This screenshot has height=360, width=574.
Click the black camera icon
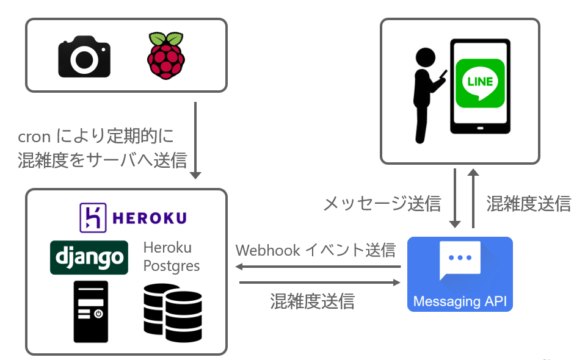point(84,57)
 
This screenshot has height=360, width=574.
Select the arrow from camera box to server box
point(195,140)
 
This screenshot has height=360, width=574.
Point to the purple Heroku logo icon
point(93,217)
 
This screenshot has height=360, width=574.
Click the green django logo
point(89,257)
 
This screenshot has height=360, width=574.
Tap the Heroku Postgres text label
point(172,257)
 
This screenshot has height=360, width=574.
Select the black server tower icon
point(90,311)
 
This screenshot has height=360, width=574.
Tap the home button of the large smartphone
point(480,129)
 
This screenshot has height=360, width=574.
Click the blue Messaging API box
point(460,274)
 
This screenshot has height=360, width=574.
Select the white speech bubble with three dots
point(460,260)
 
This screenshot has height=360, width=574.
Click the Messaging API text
point(460,301)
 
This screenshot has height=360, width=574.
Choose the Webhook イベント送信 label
point(315,250)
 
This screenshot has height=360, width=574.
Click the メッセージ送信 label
point(382,203)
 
